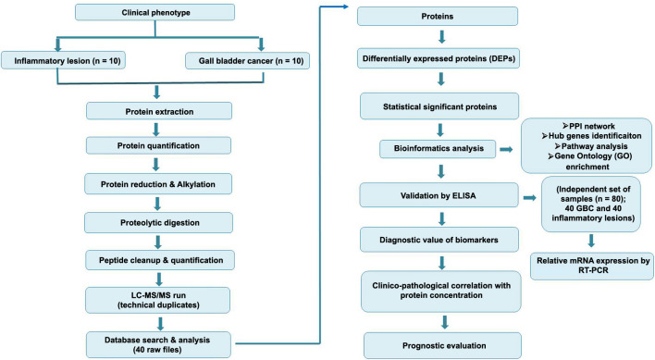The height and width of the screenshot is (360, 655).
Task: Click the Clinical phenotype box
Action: point(154,12)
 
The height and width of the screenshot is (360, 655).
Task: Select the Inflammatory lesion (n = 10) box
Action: point(64,60)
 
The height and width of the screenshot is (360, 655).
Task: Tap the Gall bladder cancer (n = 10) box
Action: point(248,60)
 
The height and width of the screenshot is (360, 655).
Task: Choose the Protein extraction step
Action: point(159,111)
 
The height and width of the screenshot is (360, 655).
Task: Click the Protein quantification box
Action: point(159,145)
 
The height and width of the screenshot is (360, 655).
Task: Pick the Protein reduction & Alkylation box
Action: point(158,184)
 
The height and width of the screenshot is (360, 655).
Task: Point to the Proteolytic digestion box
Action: point(159,223)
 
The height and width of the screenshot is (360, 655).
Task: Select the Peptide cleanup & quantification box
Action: point(160,260)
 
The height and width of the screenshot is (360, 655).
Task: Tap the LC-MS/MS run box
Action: point(158,300)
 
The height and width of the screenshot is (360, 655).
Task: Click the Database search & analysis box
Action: point(158,344)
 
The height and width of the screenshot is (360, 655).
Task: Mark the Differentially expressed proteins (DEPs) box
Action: point(439,58)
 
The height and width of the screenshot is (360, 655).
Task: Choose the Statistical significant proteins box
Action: point(439,106)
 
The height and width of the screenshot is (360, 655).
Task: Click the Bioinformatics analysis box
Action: point(438,149)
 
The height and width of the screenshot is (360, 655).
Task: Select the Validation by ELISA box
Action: point(439,195)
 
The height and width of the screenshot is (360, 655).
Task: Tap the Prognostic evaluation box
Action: point(443,345)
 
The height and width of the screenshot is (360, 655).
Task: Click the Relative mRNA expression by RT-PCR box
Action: point(592,266)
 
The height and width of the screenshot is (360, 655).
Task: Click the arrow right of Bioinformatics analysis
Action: point(506,149)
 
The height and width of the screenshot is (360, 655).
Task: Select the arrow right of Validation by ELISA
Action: point(530,197)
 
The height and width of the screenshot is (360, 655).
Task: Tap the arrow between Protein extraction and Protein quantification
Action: point(156,130)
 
